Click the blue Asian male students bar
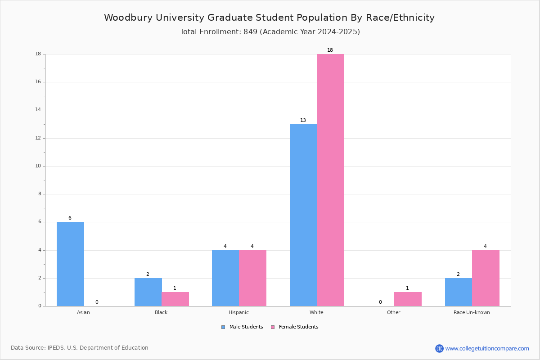70,264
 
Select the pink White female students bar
330,180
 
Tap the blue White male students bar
303,215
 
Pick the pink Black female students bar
175,299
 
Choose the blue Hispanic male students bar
225,278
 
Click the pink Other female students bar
408,299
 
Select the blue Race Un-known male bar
459,292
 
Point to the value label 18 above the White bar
330,50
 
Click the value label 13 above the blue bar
303,120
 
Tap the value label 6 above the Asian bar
70,218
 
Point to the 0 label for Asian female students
97,302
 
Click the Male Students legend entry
242,327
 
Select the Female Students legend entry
295,327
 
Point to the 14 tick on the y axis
38,110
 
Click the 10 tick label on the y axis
38,166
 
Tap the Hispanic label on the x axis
238,312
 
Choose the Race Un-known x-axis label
472,312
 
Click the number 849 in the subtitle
251,31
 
